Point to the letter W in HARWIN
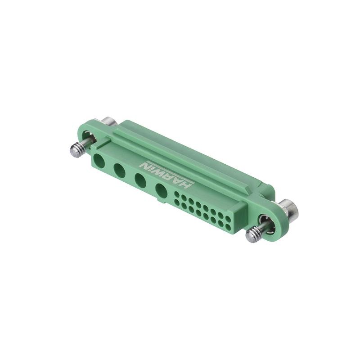pyautogui.click(x=164, y=171)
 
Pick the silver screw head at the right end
pyautogui.click(x=288, y=208)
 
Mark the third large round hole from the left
pyautogui.click(x=140, y=180)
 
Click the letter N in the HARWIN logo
pyautogui.click(x=147, y=163)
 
